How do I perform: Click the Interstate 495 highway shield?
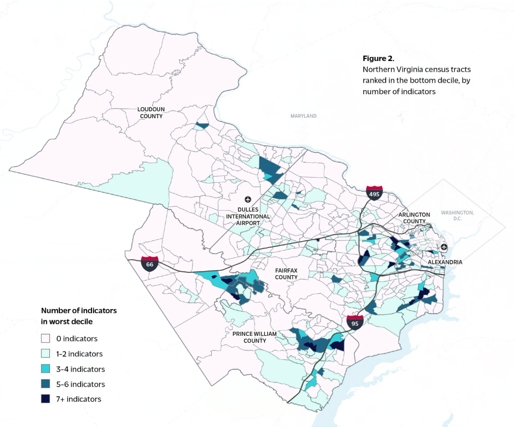pos(374,193)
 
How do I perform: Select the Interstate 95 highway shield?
pos(355,322)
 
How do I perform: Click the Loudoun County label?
pos(151,113)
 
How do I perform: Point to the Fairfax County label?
pos(286,274)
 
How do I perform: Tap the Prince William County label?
pos(254,337)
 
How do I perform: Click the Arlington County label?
pos(414,218)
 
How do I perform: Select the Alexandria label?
pos(445,262)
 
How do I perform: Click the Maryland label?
pos(304,116)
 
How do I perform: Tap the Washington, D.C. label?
pos(457,216)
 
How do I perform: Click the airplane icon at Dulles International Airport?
pos(248,199)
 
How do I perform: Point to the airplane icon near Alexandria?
pos(444,247)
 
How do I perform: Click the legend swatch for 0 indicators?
pos(46,339)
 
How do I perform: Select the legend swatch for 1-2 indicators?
pos(46,354)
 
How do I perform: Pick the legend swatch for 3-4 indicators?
pos(46,369)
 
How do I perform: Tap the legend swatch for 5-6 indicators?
pos(46,384)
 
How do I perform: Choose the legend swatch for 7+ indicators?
pos(46,399)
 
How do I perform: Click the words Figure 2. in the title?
pos(378,59)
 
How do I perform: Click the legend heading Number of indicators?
pos(79,310)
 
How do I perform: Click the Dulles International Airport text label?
pos(248,216)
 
